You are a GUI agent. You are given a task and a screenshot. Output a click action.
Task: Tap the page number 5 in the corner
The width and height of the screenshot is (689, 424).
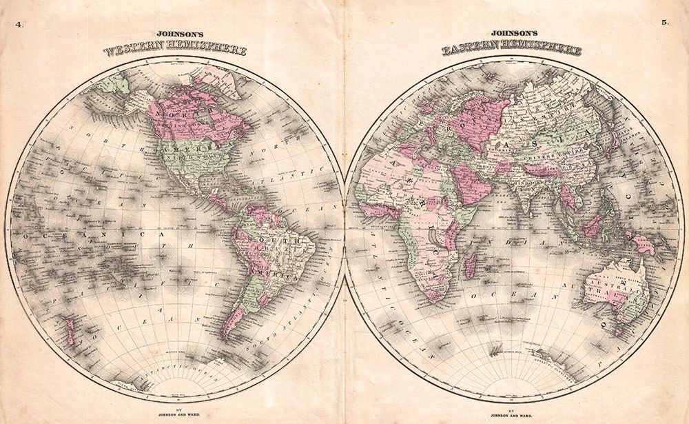point(665,23)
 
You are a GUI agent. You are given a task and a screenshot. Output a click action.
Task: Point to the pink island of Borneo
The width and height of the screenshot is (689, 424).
point(591,226)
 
